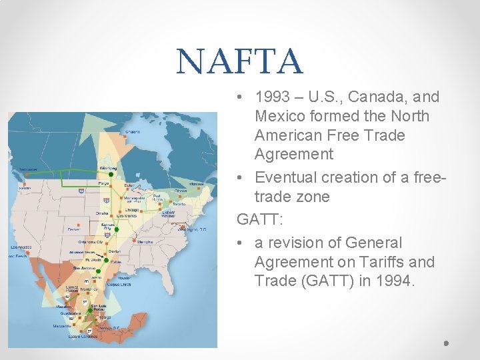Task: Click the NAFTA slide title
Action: [239, 61]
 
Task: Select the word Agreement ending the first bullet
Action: [294, 154]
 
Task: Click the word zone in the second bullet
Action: [313, 197]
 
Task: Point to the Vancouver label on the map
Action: [29, 169]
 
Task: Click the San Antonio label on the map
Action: [83, 267]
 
